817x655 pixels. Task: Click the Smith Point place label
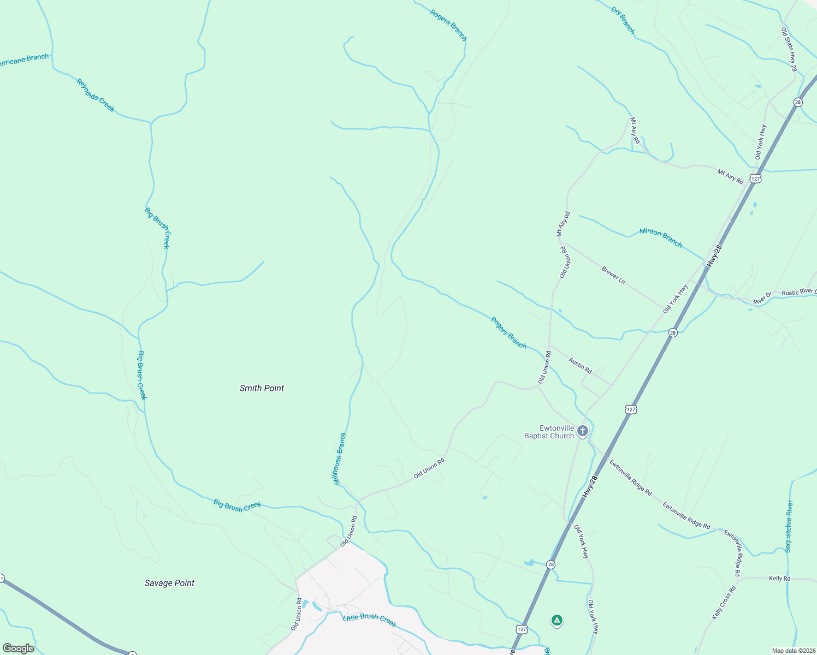(x=262, y=388)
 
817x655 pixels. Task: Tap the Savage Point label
(x=169, y=583)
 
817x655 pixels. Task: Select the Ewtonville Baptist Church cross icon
(x=583, y=432)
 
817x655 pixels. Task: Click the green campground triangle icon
(x=556, y=620)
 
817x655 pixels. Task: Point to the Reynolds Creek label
(x=96, y=96)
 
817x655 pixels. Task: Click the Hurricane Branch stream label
(x=23, y=59)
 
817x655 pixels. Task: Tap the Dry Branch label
(x=623, y=21)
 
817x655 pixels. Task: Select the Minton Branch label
(x=661, y=237)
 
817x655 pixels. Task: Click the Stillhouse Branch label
(x=340, y=459)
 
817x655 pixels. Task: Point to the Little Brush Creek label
(x=369, y=620)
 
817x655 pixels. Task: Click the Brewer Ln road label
(x=613, y=274)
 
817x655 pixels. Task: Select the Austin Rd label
(x=580, y=365)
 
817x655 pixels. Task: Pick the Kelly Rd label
(x=779, y=579)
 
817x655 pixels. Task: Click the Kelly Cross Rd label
(x=724, y=603)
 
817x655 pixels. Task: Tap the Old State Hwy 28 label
(x=789, y=50)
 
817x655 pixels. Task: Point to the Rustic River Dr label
(x=799, y=293)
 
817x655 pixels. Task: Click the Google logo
(x=18, y=648)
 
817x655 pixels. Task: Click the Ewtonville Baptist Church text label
(x=549, y=432)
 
